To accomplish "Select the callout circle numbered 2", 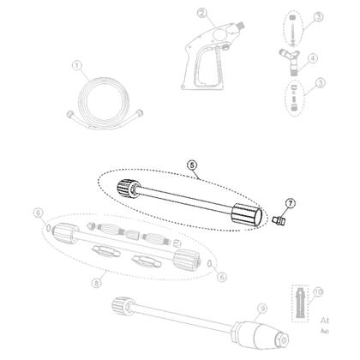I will (x=201, y=13).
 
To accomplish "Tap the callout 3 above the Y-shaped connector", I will (x=317, y=17).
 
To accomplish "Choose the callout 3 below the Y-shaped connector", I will (x=317, y=82).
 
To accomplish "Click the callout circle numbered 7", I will (x=291, y=203).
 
